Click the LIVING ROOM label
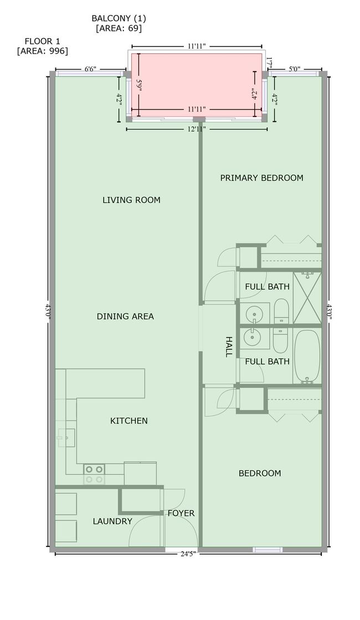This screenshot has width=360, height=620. [x=131, y=200]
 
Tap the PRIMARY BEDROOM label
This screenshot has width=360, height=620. [x=261, y=178]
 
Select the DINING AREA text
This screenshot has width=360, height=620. [x=125, y=316]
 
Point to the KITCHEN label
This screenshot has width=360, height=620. [x=129, y=421]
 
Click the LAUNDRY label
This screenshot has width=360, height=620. [x=112, y=521]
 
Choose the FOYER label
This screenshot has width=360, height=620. [x=181, y=513]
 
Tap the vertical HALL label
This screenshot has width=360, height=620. [x=229, y=347]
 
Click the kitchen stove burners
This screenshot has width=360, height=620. [x=94, y=474]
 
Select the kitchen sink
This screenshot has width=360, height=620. [x=66, y=438]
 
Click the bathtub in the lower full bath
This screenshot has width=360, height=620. [x=307, y=357]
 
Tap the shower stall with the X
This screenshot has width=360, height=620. [x=307, y=298]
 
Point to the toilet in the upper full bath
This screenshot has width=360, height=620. [x=281, y=311]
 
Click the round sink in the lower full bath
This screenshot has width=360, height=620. [x=252, y=338]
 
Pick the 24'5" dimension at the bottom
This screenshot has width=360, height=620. [x=188, y=554]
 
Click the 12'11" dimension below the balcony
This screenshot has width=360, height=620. [x=197, y=129]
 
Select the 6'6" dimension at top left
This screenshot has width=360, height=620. [x=90, y=69]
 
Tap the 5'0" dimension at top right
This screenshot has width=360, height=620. [x=295, y=69]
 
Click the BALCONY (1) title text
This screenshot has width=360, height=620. [x=119, y=18]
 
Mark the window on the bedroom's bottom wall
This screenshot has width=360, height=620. [x=268, y=550]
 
